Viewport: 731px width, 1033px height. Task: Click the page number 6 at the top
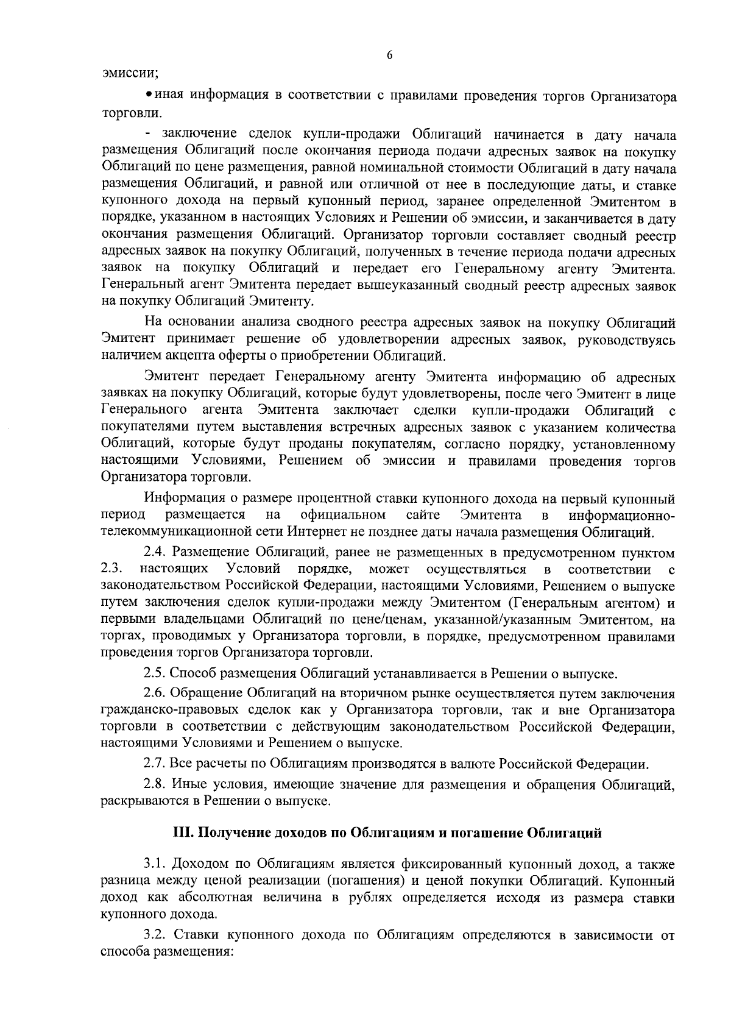tap(389, 55)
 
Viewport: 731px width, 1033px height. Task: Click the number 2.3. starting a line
tap(113, 569)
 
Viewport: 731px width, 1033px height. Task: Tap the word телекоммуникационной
tap(171, 532)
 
